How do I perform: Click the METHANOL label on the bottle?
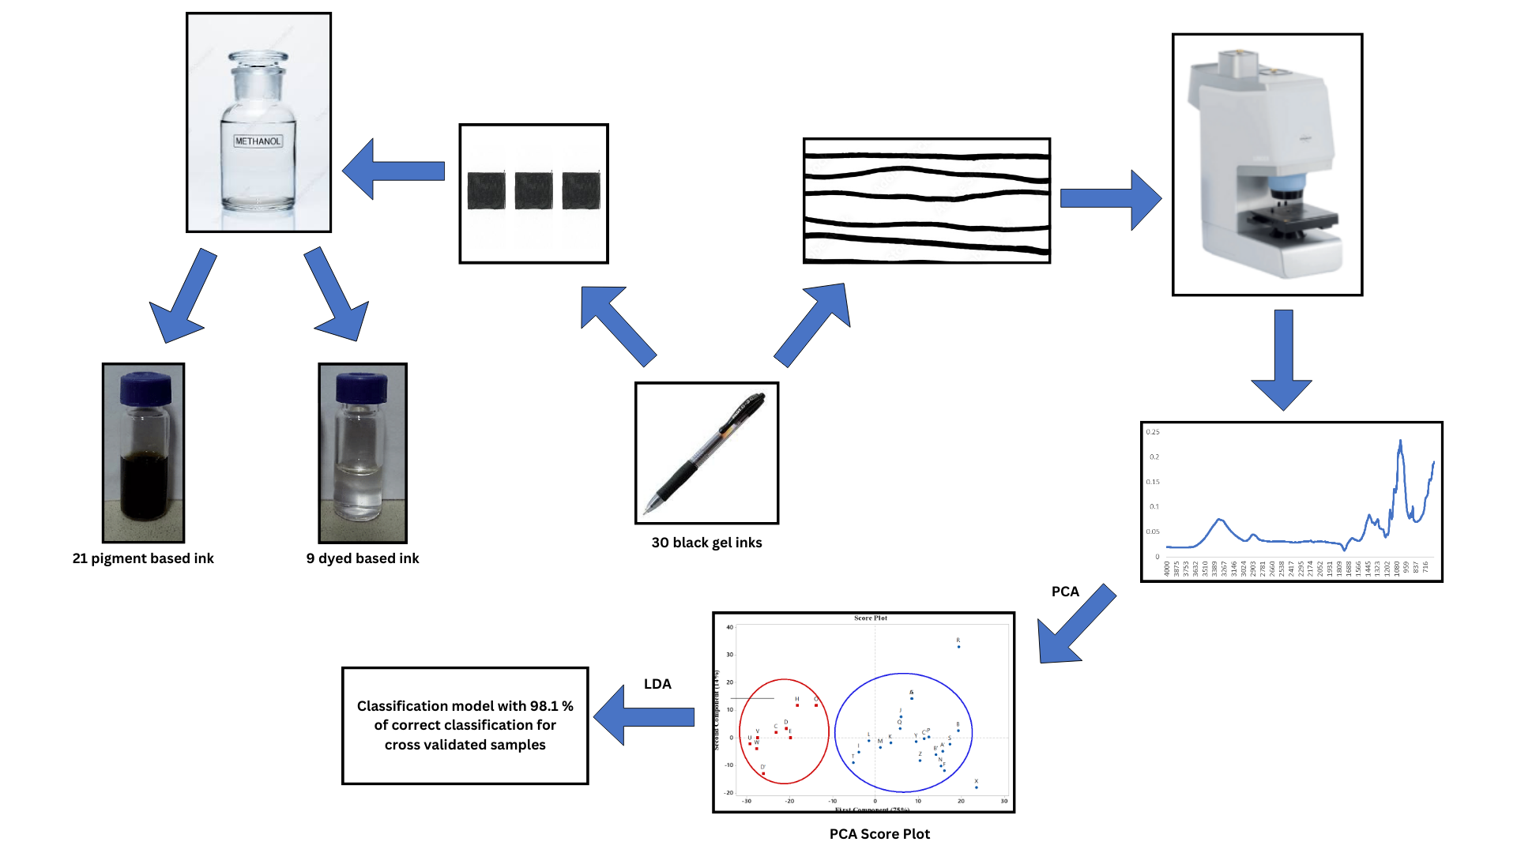tap(258, 141)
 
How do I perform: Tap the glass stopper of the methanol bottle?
tap(258, 62)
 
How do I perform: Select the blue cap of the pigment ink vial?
tap(145, 389)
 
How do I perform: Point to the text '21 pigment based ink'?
tap(143, 558)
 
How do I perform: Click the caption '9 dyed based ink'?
tap(363, 558)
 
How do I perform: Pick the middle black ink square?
tap(533, 191)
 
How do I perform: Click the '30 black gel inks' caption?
tap(706, 543)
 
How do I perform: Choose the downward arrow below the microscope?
tap(1282, 359)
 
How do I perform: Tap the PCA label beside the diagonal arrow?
tap(1065, 592)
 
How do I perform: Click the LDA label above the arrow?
tap(657, 684)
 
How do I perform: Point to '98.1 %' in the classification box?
tap(551, 706)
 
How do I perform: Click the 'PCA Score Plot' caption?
tap(879, 834)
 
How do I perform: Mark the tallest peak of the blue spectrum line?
tap(1400, 442)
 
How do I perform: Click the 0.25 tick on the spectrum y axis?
tap(1154, 432)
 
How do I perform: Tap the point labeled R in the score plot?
tap(958, 646)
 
